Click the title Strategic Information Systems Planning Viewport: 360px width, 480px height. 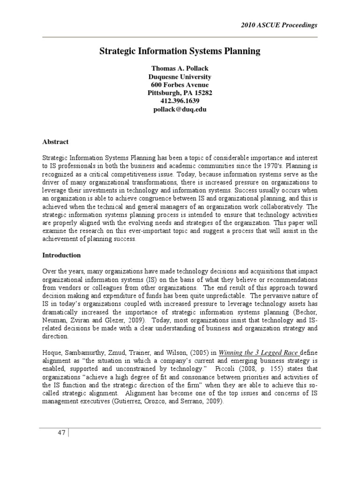[180, 51]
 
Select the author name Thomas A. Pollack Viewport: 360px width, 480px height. [180, 68]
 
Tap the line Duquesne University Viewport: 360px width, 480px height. [180, 76]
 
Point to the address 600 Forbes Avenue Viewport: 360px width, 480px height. [180, 85]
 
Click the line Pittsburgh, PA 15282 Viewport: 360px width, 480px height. [180, 93]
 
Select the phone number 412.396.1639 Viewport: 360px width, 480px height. [180, 101]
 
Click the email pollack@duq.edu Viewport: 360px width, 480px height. [180, 109]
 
